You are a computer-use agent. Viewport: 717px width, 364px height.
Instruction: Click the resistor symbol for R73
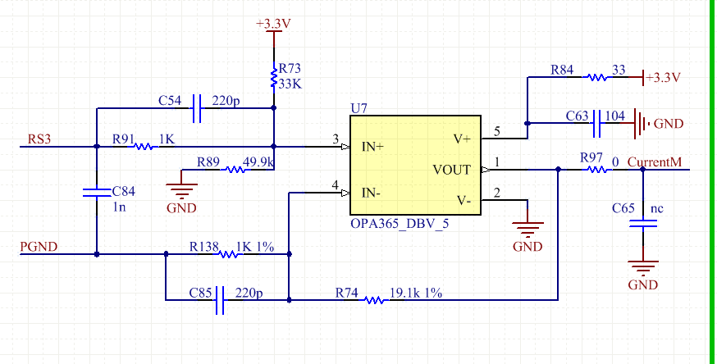pyautogui.click(x=273, y=78)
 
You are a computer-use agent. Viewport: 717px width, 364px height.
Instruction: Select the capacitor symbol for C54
pyautogui.click(x=195, y=106)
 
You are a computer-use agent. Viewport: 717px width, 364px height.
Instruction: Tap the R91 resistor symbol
pyautogui.click(x=144, y=147)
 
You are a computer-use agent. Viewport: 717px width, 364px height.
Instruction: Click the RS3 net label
pyautogui.click(x=39, y=139)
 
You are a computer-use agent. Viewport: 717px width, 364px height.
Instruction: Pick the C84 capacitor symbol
pyautogui.click(x=97, y=193)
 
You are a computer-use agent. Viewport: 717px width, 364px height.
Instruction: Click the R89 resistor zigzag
pyautogui.click(x=235, y=170)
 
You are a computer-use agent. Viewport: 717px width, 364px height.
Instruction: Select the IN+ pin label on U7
pyautogui.click(x=374, y=148)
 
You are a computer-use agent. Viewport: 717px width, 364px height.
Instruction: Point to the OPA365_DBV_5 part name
pyautogui.click(x=400, y=224)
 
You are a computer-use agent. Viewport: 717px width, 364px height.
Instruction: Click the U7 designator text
pyautogui.click(x=358, y=108)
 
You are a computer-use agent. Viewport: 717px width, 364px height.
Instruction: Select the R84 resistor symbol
pyautogui.click(x=595, y=78)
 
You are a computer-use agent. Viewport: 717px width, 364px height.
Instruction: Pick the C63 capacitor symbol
pyautogui.click(x=597, y=124)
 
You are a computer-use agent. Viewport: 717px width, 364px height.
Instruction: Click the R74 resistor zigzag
pyautogui.click(x=374, y=300)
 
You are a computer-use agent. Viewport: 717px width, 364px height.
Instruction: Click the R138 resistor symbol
pyautogui.click(x=229, y=254)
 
